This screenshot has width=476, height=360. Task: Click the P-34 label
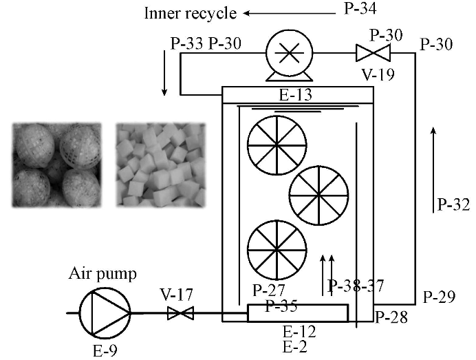pyautogui.click(x=361, y=8)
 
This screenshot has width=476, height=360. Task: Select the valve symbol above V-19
pyautogui.click(x=372, y=53)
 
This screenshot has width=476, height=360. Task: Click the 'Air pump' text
pyautogui.click(x=102, y=273)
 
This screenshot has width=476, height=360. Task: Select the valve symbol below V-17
pyautogui.click(x=181, y=314)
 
